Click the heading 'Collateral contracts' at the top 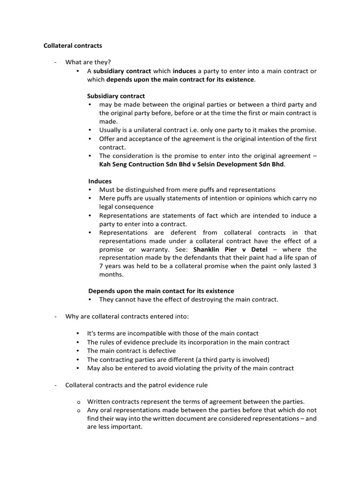[73, 46]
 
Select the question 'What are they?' [88, 62]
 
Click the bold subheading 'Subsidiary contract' [116, 96]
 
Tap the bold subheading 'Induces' [100, 181]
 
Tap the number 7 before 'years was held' [101, 266]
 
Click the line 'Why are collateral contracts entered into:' [127, 316]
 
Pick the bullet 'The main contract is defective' [132, 351]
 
